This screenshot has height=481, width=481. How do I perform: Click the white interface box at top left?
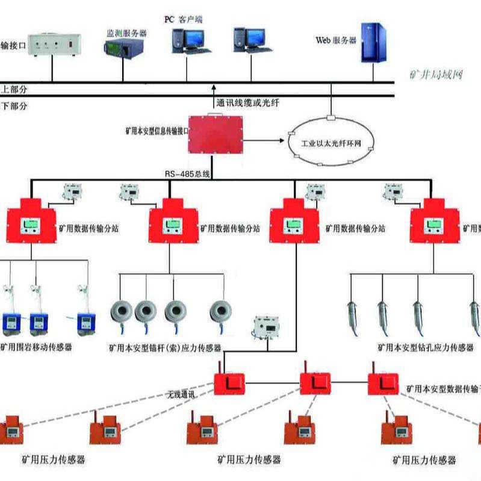point(52,46)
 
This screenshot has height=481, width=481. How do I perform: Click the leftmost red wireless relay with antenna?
point(230,382)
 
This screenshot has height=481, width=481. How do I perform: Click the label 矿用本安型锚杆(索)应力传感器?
point(165,347)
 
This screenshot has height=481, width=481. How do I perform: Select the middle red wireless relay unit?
point(315,382)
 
